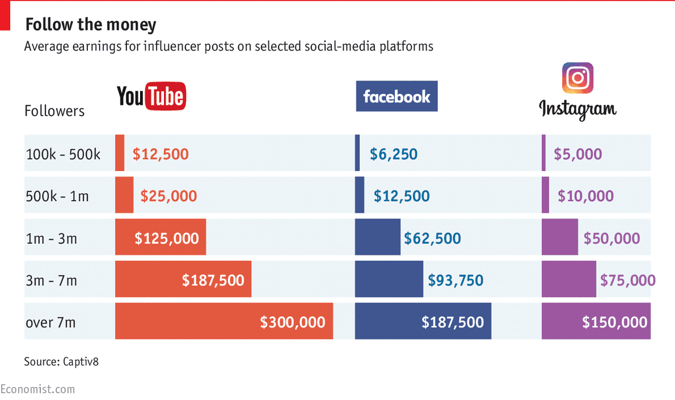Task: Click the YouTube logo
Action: click(x=151, y=96)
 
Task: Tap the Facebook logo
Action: click(x=396, y=96)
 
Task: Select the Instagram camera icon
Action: click(x=577, y=78)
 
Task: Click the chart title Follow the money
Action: click(x=91, y=24)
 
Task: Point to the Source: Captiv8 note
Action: click(x=61, y=361)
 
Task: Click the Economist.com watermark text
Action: click(x=37, y=389)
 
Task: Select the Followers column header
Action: click(x=54, y=111)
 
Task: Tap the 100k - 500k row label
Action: click(x=63, y=154)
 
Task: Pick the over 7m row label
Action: click(x=50, y=322)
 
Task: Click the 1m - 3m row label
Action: click(x=51, y=238)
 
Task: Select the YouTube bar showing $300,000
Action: click(x=223, y=321)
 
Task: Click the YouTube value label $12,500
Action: click(x=161, y=154)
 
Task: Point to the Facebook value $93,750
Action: click(x=455, y=280)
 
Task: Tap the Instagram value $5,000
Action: click(x=577, y=154)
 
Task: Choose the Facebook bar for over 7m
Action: click(x=423, y=321)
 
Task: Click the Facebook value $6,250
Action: click(x=394, y=154)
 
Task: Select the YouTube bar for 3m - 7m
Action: click(x=183, y=279)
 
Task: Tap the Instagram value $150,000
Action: click(x=614, y=322)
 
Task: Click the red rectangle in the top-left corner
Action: click(x=5, y=15)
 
